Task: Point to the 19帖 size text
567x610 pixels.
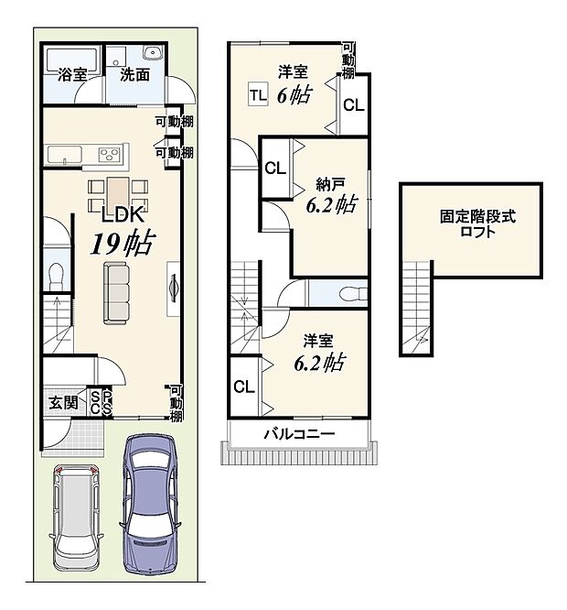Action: [120, 244]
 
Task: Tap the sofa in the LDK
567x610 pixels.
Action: [116, 292]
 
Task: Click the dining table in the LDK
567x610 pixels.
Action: [117, 192]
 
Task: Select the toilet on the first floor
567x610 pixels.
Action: [57, 273]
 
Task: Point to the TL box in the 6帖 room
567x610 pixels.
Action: [257, 93]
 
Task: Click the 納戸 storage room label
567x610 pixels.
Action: [330, 182]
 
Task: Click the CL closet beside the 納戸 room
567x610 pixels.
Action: [274, 169]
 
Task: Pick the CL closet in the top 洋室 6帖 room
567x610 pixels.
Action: [353, 104]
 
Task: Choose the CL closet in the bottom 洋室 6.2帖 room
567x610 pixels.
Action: [243, 387]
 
